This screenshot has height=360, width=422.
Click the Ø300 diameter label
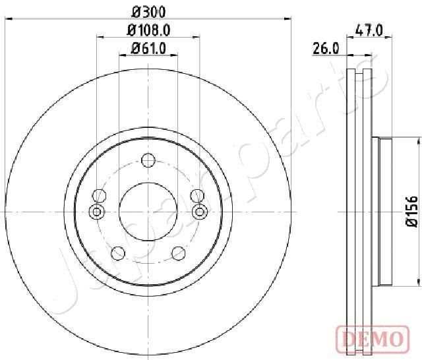click(148, 11)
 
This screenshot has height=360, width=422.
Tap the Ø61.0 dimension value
click(148, 47)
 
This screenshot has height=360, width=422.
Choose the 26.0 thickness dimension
click(326, 47)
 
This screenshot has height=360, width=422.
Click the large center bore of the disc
click(148, 211)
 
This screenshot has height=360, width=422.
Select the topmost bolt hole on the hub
click(148, 160)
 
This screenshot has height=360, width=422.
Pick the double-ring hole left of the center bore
click(97, 211)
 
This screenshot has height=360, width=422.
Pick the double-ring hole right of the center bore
click(199, 211)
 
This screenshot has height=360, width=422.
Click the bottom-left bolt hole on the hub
click(118, 253)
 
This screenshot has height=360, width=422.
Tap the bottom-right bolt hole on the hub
click(178, 253)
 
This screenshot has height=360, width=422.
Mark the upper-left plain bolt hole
click(100, 195)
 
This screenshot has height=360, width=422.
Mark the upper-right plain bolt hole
click(196, 195)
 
